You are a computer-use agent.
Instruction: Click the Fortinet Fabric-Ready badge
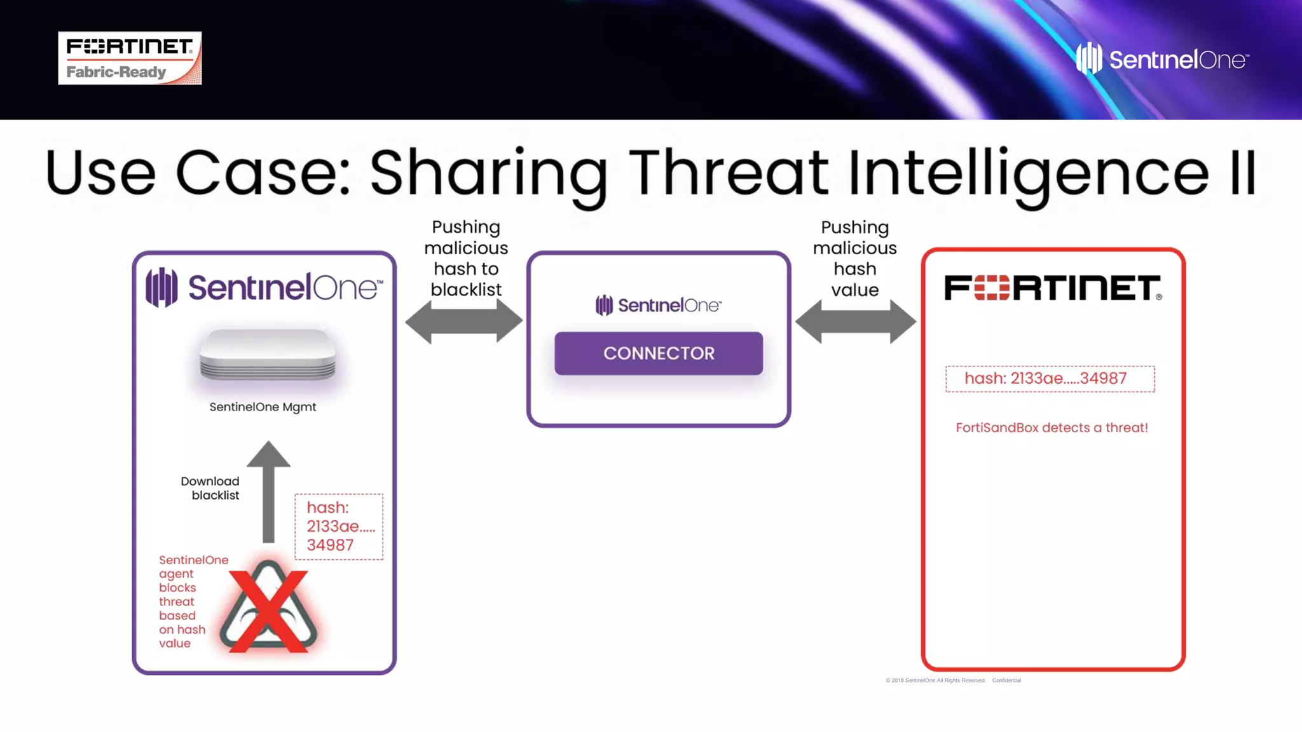(130, 58)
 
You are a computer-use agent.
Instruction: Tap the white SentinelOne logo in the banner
(1162, 59)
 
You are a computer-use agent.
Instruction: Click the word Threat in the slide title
(729, 173)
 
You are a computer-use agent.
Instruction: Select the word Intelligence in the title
(1028, 173)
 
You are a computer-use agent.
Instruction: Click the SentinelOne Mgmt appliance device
(268, 355)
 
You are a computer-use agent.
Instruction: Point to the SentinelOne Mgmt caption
(263, 407)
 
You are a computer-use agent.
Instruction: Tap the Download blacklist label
(210, 488)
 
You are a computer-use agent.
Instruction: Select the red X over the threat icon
(268, 610)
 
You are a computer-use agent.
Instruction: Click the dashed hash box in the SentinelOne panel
(339, 526)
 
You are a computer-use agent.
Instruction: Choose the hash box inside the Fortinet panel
(1050, 379)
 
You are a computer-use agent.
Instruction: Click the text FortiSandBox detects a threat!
(1052, 428)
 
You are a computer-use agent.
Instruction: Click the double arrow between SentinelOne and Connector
(464, 321)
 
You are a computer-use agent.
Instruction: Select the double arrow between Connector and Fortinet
(856, 321)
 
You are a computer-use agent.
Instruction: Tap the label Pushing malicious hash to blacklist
(466, 258)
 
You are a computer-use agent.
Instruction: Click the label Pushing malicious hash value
(854, 258)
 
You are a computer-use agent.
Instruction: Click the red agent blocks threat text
(183, 601)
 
